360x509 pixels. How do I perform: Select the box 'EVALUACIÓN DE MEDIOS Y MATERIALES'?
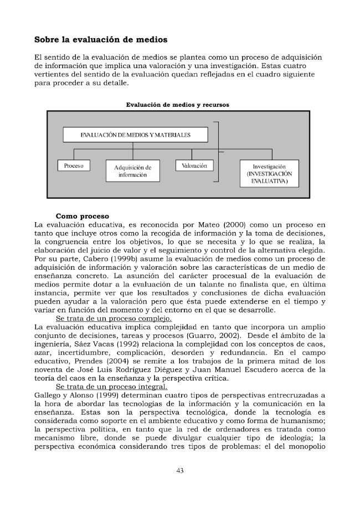(136, 135)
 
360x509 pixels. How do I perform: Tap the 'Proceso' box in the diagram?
(74, 166)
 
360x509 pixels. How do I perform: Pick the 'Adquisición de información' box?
(132, 171)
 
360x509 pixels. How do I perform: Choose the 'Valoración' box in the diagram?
(194, 166)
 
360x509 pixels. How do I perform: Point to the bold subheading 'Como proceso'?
(83, 215)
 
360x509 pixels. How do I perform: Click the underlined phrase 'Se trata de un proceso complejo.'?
(106, 319)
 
